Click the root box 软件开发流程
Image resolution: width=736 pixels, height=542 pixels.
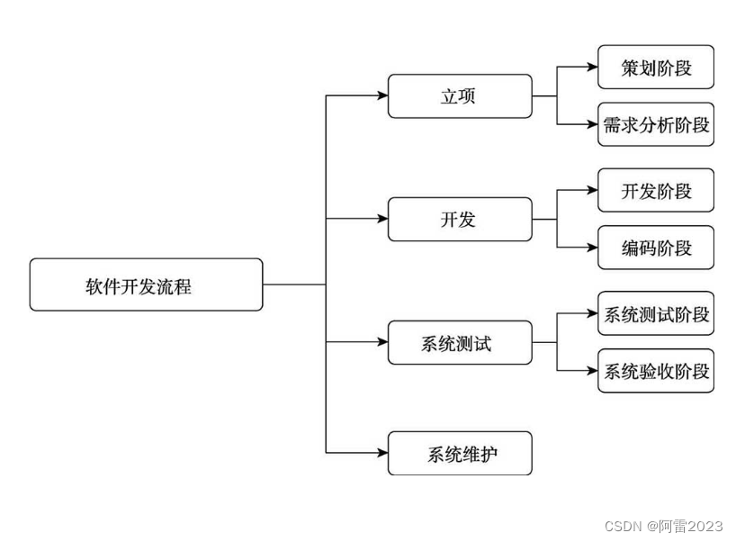click(146, 285)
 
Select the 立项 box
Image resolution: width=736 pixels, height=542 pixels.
click(459, 96)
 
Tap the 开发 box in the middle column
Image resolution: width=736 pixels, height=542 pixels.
click(459, 219)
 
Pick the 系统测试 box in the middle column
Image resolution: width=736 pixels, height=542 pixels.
click(459, 342)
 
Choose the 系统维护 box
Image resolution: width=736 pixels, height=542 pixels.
click(459, 453)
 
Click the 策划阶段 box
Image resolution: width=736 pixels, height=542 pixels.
click(655, 68)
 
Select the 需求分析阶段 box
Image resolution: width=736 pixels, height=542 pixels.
click(655, 125)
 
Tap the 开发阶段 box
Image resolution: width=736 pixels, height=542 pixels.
click(655, 190)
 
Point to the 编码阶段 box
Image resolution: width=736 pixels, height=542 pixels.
click(655, 248)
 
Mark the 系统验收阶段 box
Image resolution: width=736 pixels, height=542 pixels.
click(655, 370)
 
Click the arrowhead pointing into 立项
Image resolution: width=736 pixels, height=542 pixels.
click(381, 96)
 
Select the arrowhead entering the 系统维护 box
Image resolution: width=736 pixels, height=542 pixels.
click(381, 453)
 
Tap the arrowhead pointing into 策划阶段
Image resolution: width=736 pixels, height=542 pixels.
click(591, 68)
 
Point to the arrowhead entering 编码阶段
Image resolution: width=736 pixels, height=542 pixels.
click(591, 248)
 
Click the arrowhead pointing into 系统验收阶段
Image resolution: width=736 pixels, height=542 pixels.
click(591, 370)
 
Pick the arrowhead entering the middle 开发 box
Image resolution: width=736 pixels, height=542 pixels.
click(381, 219)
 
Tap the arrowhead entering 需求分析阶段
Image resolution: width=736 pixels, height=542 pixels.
click(591, 125)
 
